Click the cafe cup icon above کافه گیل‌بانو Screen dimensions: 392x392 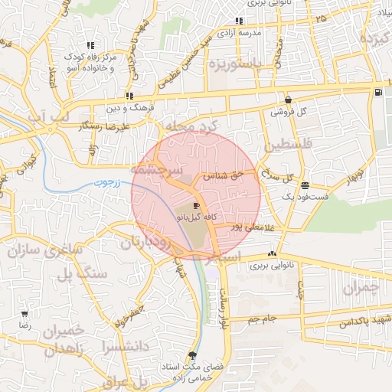click(x=197, y=207)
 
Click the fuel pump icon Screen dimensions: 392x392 click(x=378, y=93)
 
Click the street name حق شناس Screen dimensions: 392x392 click(x=228, y=175)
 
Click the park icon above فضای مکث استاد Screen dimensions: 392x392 click(x=191, y=356)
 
